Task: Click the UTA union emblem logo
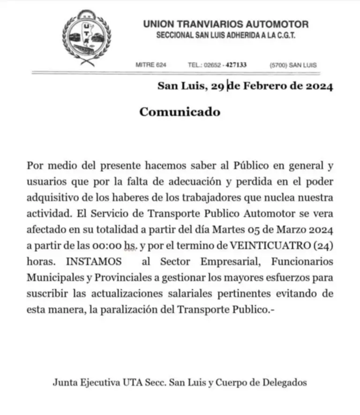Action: tap(84, 37)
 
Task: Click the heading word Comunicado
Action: tap(180, 112)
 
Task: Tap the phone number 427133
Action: tap(236, 65)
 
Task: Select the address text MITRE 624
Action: tap(150, 65)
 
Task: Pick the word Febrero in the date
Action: tap(264, 86)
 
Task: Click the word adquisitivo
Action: tap(52, 197)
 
